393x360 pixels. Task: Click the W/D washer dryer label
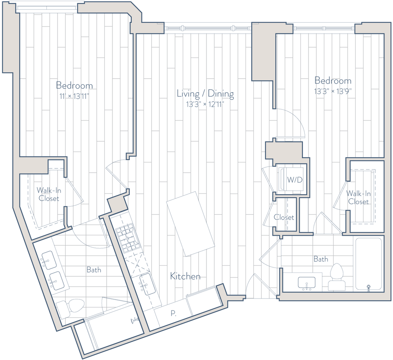(x=295, y=180)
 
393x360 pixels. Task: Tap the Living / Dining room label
(x=205, y=94)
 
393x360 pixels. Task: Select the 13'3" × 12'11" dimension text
(x=205, y=104)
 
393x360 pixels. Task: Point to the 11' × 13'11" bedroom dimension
(x=74, y=96)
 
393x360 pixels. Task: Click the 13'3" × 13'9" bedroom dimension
(x=333, y=91)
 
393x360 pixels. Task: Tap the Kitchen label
(x=185, y=276)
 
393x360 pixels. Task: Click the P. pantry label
(x=173, y=313)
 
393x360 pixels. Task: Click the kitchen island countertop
(x=190, y=224)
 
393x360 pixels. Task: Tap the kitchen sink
(x=147, y=284)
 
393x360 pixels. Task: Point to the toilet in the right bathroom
(x=336, y=277)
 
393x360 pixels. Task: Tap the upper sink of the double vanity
(x=48, y=260)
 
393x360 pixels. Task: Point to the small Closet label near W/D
(x=284, y=217)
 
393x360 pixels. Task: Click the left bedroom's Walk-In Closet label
(x=49, y=194)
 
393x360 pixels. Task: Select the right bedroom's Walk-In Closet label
(x=358, y=198)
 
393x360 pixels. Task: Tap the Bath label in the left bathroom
(x=94, y=270)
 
